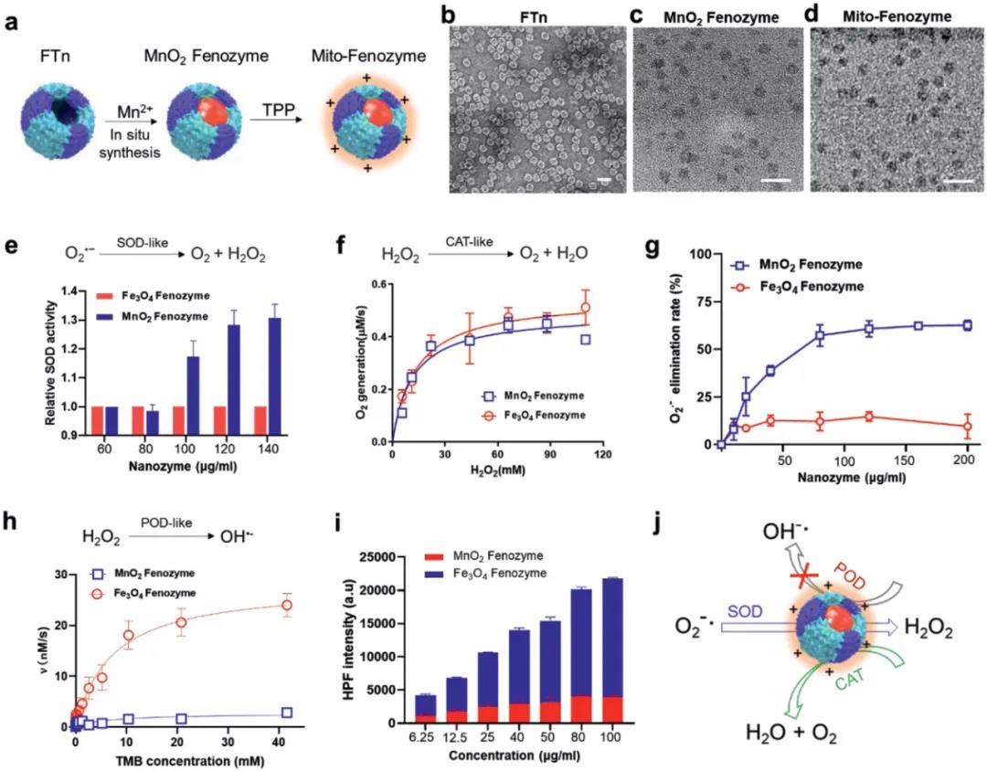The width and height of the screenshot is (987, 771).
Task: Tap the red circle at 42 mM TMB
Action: click(287, 605)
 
